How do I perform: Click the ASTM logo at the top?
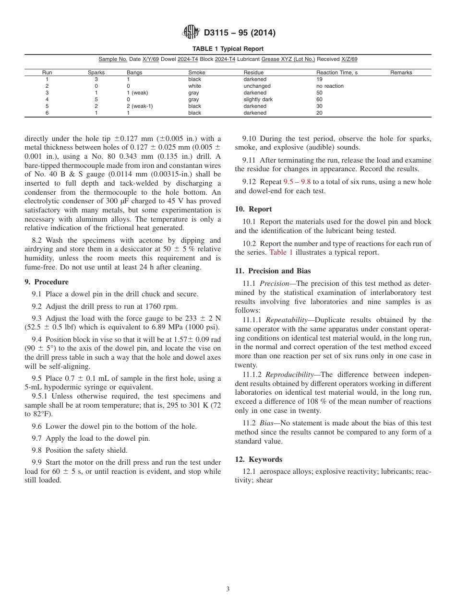[x=191, y=33]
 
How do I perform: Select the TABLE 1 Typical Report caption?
[x=228, y=49]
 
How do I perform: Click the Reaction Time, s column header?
[x=336, y=72]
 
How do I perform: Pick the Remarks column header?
[x=401, y=72]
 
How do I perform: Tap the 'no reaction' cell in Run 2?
[x=330, y=86]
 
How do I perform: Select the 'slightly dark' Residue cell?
[x=258, y=100]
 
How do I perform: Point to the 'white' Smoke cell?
[x=194, y=86]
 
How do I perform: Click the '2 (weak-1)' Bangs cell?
[x=139, y=106]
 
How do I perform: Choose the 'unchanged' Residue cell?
[x=257, y=86]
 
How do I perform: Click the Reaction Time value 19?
[x=319, y=80]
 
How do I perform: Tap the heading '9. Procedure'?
[x=47, y=282]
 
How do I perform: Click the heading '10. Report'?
[x=253, y=209]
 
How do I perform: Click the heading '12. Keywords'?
[x=259, y=459]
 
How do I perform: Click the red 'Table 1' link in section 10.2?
[x=281, y=252]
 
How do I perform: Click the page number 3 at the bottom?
[x=228, y=589]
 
